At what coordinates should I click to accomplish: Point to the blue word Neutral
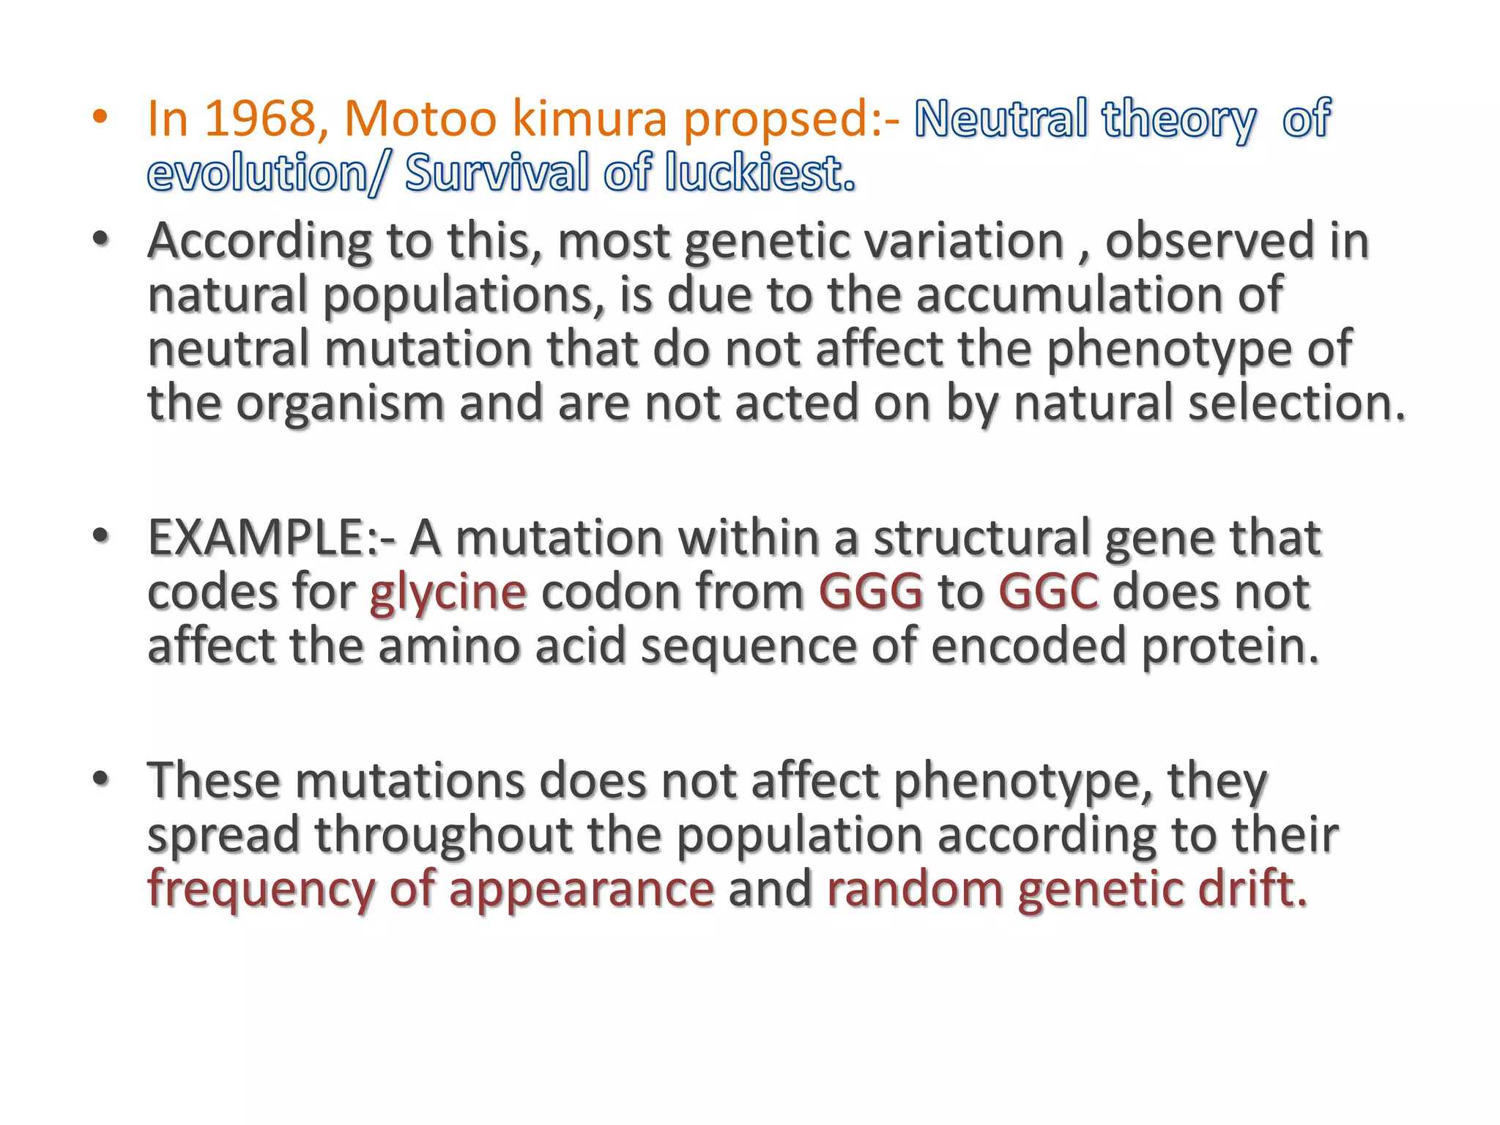[x=1000, y=119]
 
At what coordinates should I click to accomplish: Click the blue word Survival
[x=497, y=173]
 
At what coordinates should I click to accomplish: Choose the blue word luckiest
[x=760, y=173]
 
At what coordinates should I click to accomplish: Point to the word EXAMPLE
[x=263, y=538]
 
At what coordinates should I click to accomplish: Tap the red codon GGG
[x=871, y=592]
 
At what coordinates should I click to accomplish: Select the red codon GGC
[x=1048, y=592]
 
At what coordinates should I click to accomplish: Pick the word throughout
[x=443, y=835]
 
